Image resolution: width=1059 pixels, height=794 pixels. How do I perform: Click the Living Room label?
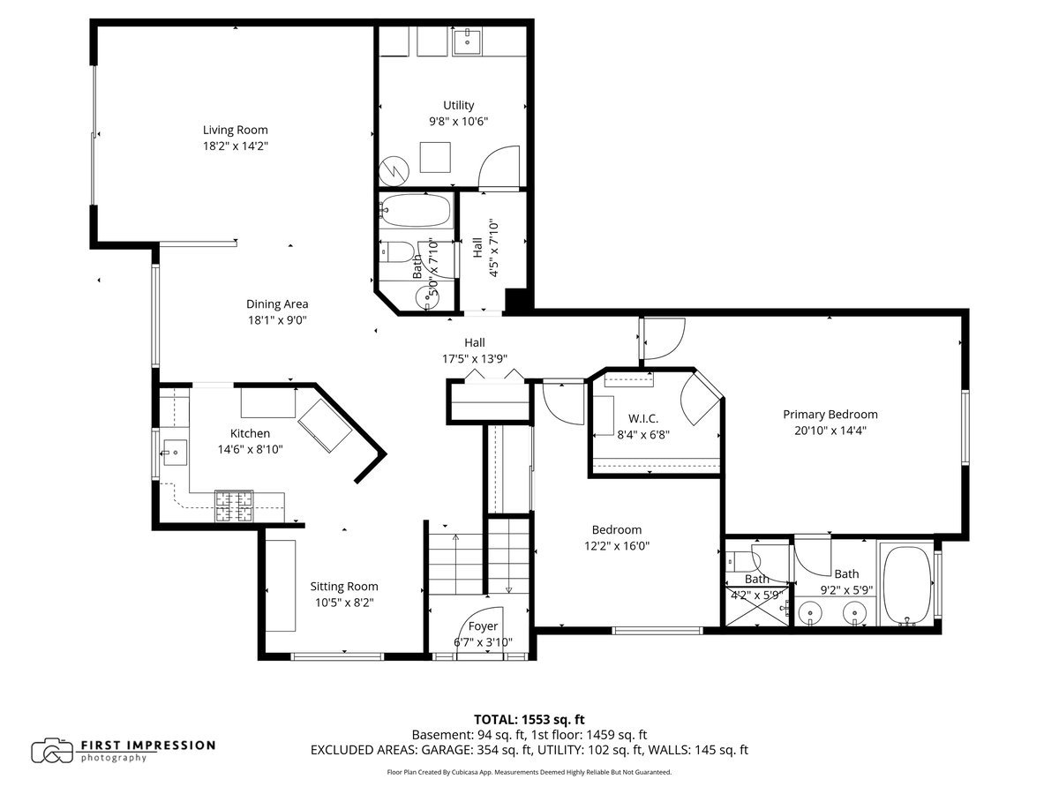(235, 130)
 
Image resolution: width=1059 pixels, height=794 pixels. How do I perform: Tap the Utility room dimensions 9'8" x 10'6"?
(458, 121)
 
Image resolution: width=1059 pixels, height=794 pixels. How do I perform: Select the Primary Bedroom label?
(830, 414)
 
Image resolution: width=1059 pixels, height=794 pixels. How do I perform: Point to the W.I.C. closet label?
(643, 418)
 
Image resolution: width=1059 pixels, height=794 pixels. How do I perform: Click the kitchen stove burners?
(234, 506)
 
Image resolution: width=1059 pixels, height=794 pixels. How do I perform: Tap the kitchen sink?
(175, 453)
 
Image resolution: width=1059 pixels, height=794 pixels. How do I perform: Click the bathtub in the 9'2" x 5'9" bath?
(907, 585)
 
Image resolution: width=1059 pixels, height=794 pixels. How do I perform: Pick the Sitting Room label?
(344, 586)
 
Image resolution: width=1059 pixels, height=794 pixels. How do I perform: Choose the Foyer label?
(483, 625)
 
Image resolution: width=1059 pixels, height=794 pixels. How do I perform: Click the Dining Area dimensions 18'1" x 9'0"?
(277, 319)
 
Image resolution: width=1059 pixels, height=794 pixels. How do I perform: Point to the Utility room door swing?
(499, 167)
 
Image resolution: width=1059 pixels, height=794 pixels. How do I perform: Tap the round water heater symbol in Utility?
(394, 170)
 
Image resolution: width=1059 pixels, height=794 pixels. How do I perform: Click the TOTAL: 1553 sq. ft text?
(529, 719)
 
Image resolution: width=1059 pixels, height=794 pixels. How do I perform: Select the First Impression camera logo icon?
(52, 751)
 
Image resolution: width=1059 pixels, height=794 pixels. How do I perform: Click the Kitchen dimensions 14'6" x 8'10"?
(250, 449)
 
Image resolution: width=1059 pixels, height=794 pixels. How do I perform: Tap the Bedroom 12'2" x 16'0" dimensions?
(617, 546)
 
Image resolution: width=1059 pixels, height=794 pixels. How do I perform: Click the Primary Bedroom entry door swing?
(665, 339)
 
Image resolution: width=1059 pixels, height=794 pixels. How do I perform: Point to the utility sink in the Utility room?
(467, 41)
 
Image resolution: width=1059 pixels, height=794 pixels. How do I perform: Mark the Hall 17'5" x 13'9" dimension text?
(475, 359)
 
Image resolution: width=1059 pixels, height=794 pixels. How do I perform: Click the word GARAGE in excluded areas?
(447, 750)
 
